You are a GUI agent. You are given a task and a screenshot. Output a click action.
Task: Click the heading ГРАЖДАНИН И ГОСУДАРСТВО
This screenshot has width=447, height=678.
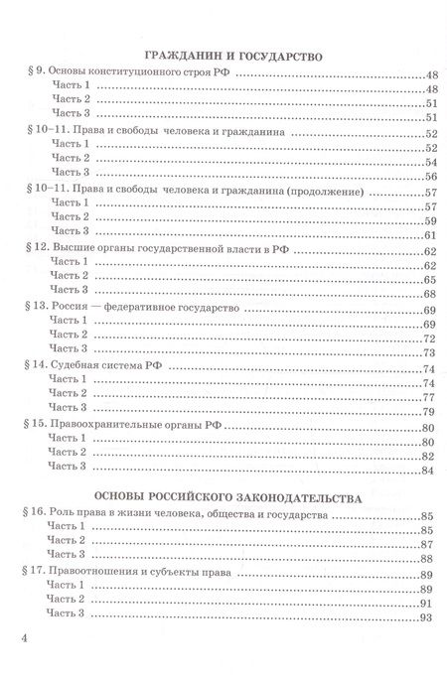click(x=223, y=57)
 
